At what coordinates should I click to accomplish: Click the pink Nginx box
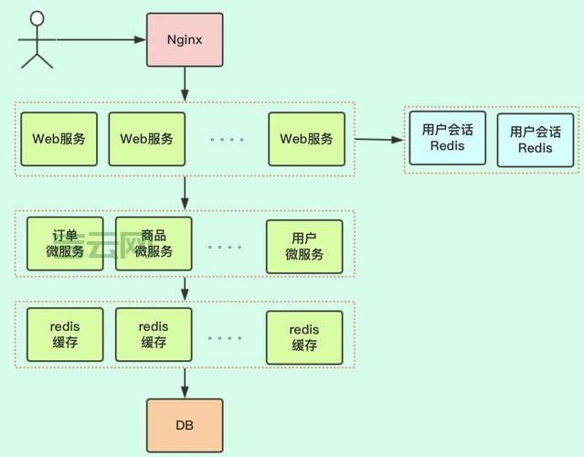click(185, 39)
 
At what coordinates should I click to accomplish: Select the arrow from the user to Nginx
click(101, 39)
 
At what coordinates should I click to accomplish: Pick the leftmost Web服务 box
click(59, 139)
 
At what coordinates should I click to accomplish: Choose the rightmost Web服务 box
click(306, 139)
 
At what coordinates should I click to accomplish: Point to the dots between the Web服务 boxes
click(226, 140)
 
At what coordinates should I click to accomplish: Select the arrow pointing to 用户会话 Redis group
click(378, 140)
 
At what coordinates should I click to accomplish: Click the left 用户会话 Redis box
click(448, 138)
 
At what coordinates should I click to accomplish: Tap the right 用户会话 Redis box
click(536, 140)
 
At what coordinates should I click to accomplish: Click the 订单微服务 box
click(65, 244)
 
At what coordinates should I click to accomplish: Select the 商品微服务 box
click(154, 244)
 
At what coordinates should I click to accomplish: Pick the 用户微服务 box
click(304, 247)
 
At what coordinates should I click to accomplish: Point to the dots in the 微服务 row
click(226, 247)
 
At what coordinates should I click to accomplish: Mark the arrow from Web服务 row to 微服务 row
click(185, 192)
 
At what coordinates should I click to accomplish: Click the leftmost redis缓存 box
click(65, 335)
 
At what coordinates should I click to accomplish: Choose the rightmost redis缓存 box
click(304, 337)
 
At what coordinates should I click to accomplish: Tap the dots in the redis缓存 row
click(226, 337)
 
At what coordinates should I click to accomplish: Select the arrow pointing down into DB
click(185, 382)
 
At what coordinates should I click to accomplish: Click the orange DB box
click(185, 426)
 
